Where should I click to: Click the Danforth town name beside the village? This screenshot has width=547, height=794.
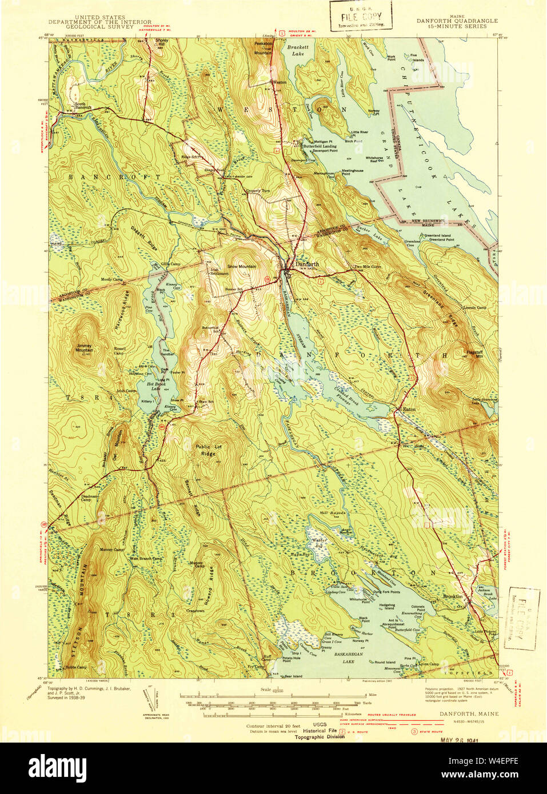coord(307,264)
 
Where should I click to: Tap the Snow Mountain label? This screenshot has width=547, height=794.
coord(241,267)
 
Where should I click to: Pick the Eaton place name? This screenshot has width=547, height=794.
coord(409,410)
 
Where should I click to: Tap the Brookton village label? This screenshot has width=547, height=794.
coord(453,596)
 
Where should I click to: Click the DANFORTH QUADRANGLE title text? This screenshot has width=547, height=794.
coord(457,21)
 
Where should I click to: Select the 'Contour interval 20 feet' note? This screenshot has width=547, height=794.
coord(273,726)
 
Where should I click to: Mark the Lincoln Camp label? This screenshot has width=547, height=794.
coord(474,308)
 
